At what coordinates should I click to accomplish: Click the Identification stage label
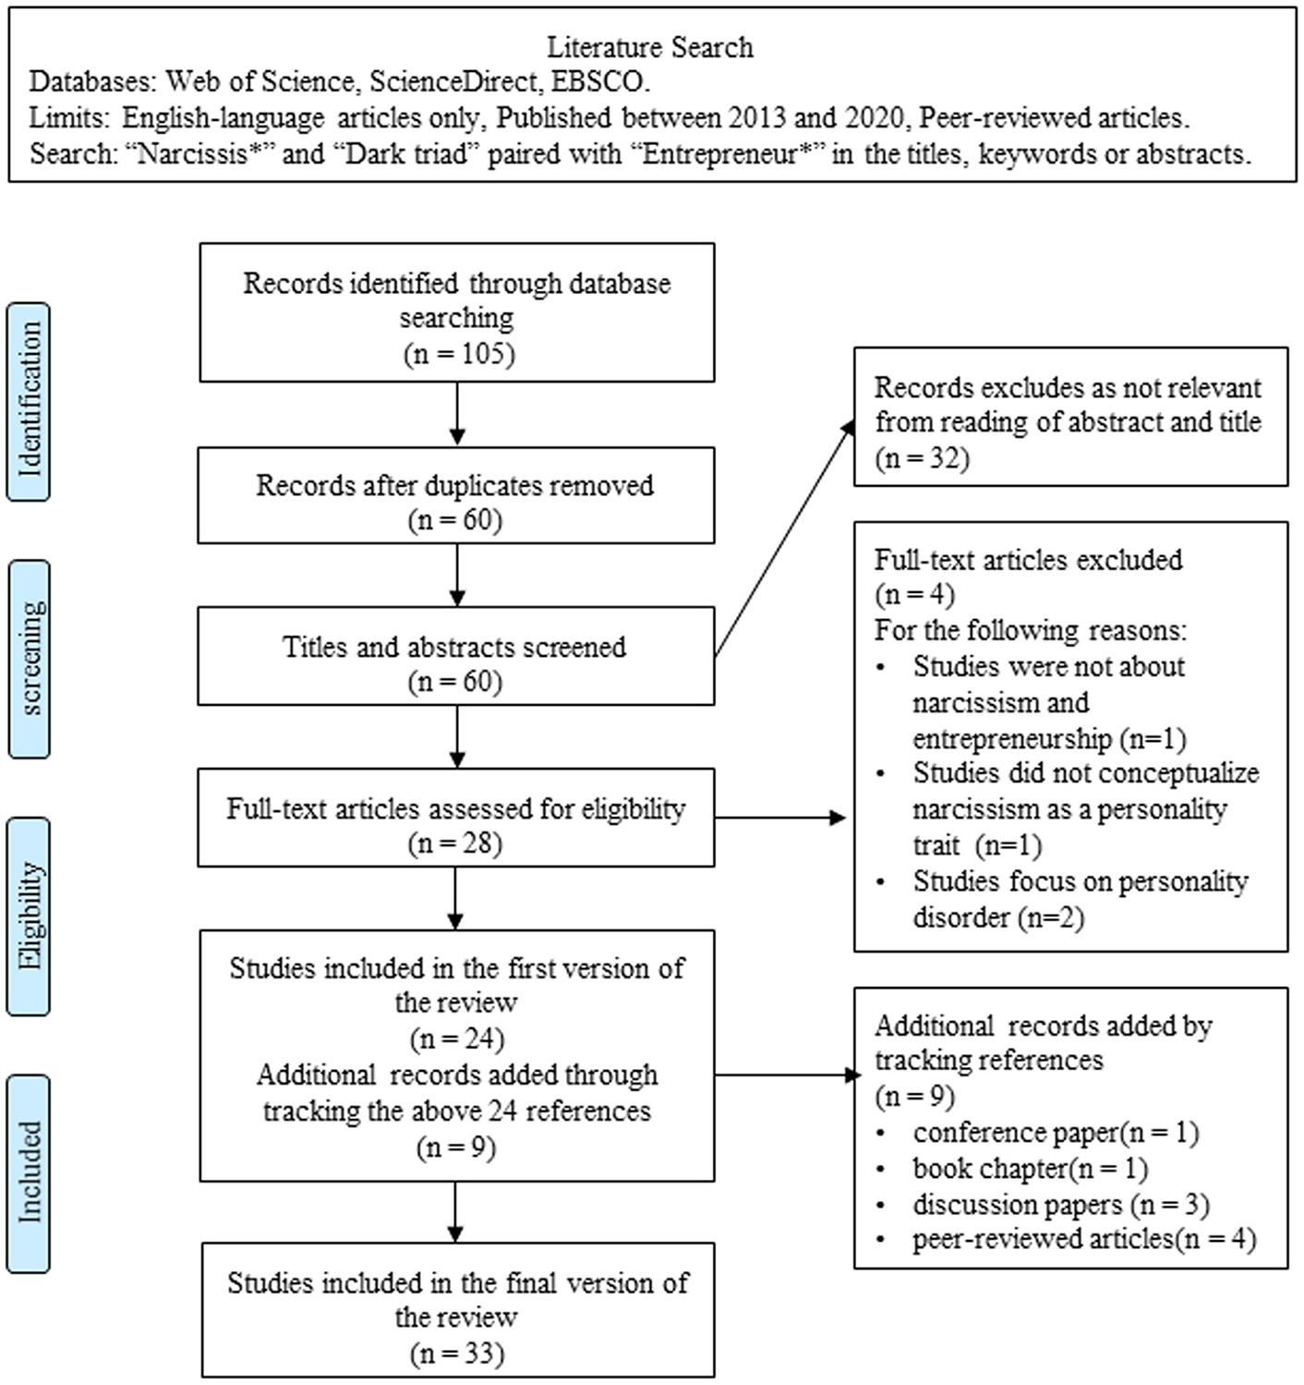click(x=29, y=402)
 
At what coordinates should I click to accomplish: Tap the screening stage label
click(x=29, y=659)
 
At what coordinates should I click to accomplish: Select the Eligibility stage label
click(x=29, y=916)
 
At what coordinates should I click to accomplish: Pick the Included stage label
click(x=29, y=1172)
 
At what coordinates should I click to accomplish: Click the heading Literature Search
click(x=649, y=47)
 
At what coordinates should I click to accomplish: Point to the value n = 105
click(x=458, y=354)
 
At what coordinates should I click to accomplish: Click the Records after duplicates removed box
click(x=455, y=495)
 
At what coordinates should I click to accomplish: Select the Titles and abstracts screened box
click(x=455, y=656)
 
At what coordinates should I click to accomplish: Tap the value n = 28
click(x=455, y=844)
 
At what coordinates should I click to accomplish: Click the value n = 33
click(x=457, y=1354)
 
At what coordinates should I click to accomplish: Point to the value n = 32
click(x=922, y=457)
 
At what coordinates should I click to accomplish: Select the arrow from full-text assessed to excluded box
click(x=780, y=818)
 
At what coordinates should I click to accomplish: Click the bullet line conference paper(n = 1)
click(x=1055, y=1133)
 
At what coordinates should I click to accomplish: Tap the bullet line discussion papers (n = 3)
click(x=1060, y=1205)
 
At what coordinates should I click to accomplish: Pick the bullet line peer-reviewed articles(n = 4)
click(x=1083, y=1239)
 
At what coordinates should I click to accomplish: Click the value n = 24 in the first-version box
click(x=457, y=1039)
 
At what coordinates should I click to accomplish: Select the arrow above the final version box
click(x=456, y=1212)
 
